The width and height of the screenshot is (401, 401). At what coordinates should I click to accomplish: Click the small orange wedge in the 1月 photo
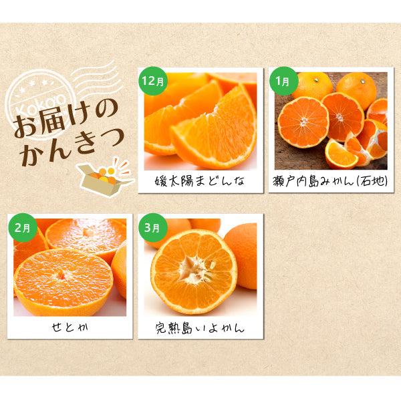click(x=340, y=154)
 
